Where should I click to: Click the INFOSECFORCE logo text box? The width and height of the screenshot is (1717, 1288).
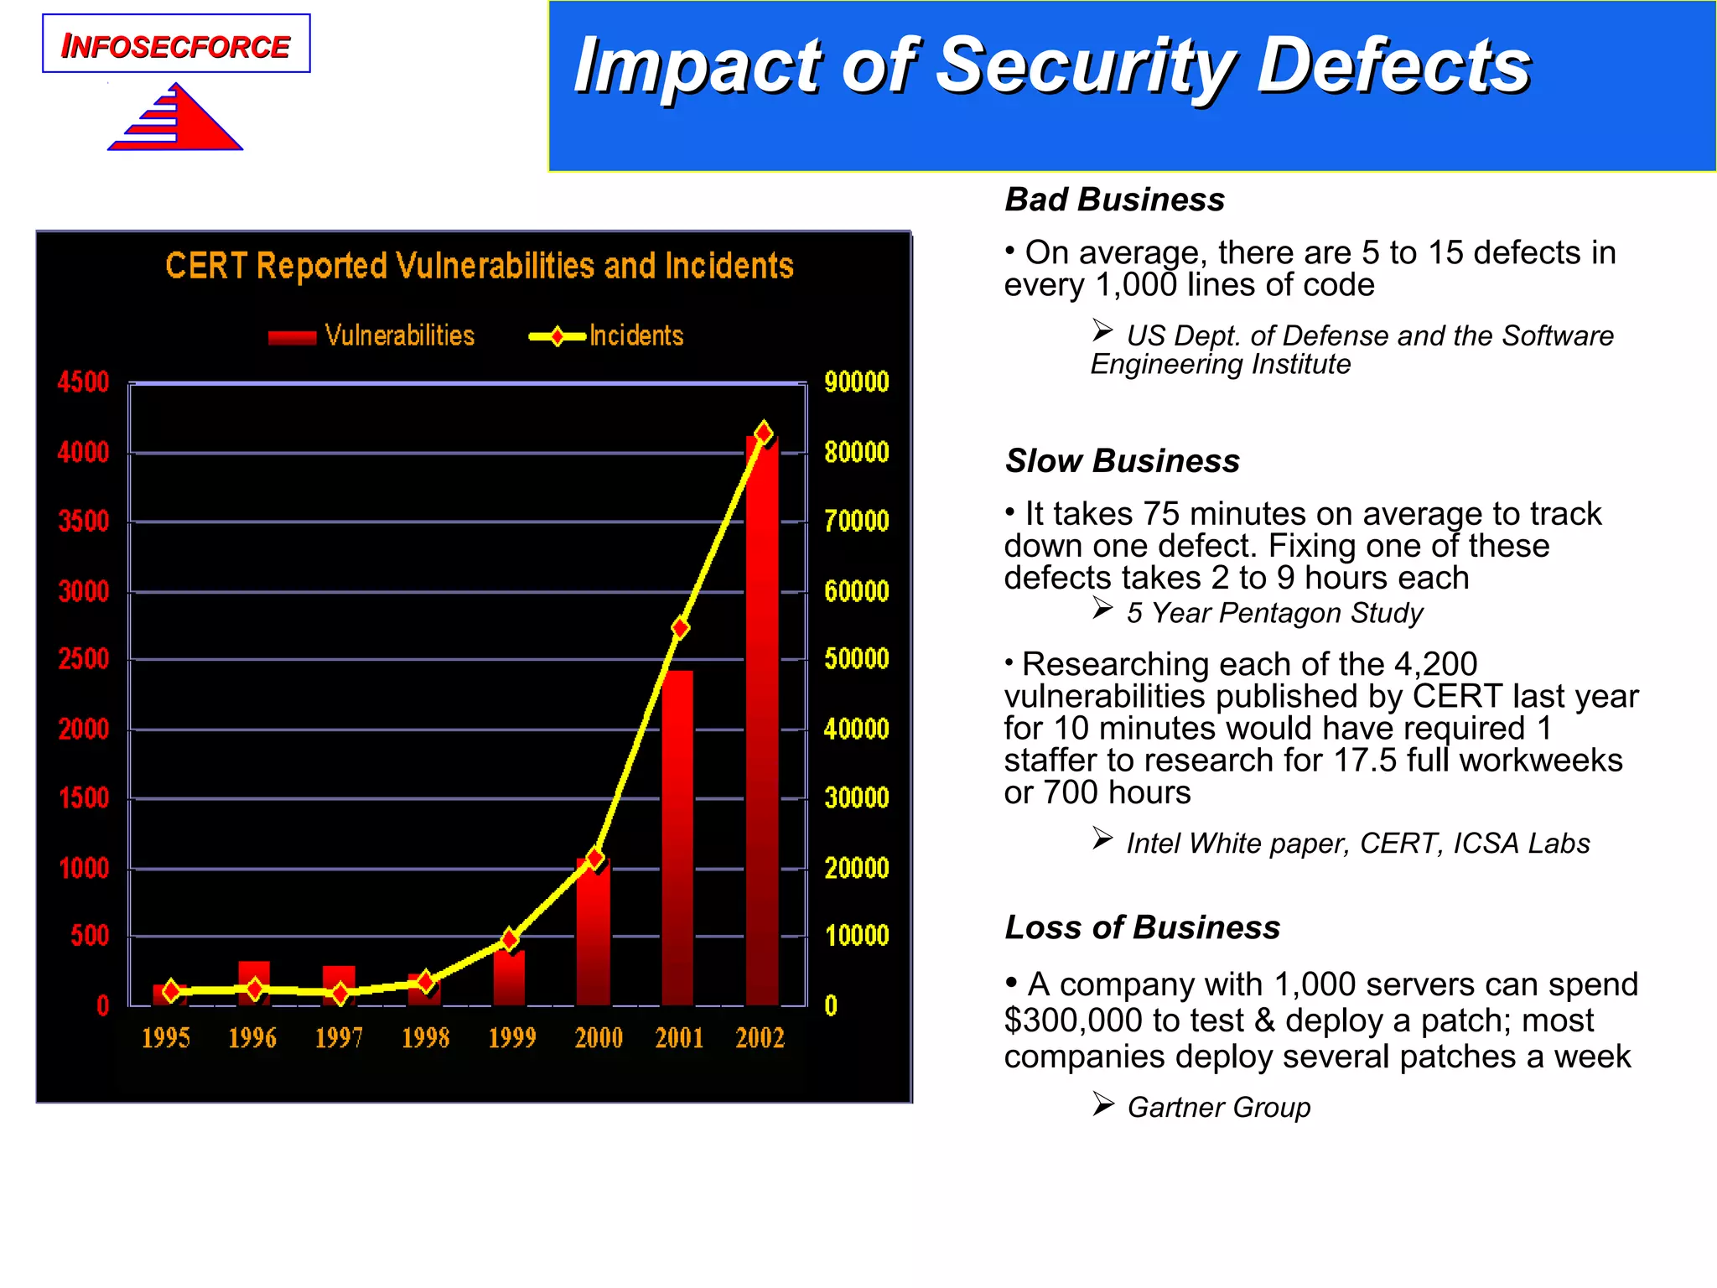176,44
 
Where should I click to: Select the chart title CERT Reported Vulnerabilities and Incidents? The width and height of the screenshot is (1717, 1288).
479,266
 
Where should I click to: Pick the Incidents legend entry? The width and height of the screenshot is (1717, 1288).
607,336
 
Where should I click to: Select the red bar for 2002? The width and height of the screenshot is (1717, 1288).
762,721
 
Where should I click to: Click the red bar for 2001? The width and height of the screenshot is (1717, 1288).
677,839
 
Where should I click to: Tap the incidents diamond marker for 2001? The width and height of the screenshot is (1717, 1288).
680,627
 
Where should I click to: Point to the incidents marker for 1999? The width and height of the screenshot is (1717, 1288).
510,939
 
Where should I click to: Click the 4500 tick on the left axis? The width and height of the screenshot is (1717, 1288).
83,382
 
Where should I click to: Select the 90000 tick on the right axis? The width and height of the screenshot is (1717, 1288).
856,382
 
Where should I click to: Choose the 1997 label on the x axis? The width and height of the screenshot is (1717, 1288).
339,1038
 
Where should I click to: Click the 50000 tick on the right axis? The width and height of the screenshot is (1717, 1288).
856,659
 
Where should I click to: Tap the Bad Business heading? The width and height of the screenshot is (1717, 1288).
1114,200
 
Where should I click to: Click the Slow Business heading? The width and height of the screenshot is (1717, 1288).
1122,461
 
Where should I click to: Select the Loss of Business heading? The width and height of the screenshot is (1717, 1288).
1142,927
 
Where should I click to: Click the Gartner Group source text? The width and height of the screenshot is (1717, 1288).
1218,1107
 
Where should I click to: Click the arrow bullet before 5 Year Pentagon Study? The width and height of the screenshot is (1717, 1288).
1102,609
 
